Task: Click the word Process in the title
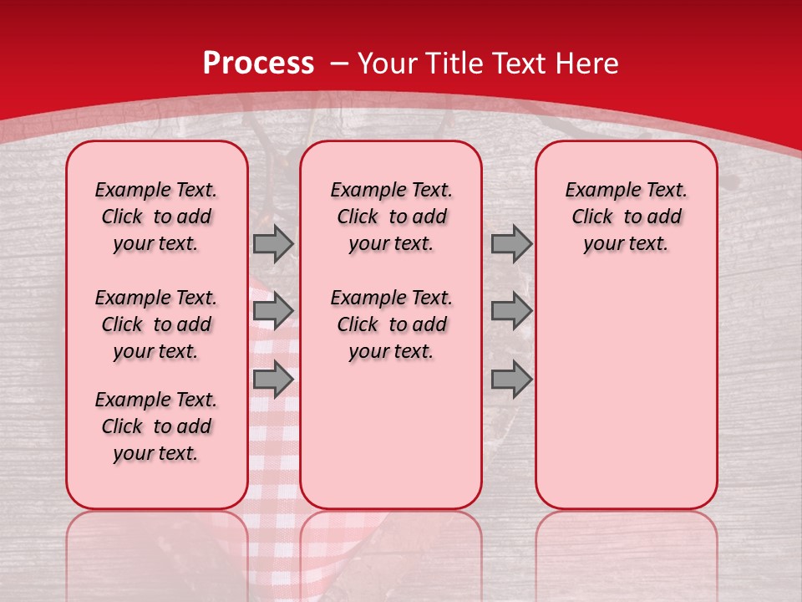coord(258,64)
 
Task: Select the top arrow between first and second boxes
coord(272,244)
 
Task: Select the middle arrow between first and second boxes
coord(272,311)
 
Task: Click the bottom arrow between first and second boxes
coord(272,380)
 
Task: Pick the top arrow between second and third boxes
coord(511,244)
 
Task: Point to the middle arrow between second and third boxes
coord(511,311)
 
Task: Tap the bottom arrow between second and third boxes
coord(511,380)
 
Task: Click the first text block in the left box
coord(156,217)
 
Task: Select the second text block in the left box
coord(156,324)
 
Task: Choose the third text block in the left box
coord(156,426)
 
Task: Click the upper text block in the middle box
coord(391,217)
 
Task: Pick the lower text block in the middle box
coord(391,324)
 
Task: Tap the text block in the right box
coord(626,217)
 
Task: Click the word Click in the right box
coord(592,217)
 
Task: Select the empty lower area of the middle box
coord(391,435)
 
